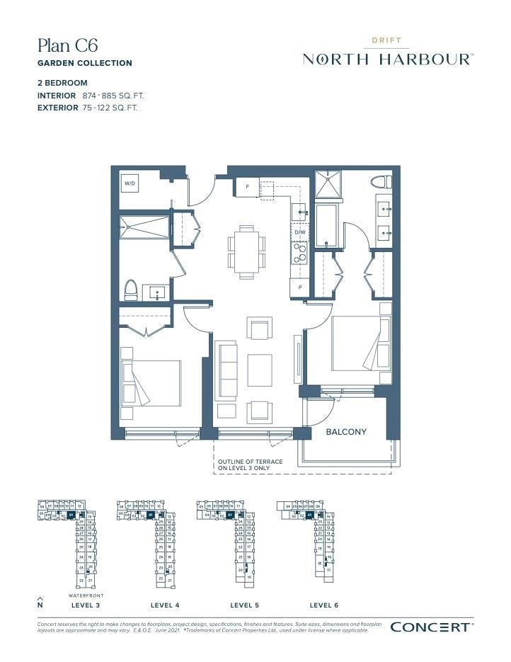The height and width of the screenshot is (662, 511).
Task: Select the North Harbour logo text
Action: pyautogui.click(x=388, y=59)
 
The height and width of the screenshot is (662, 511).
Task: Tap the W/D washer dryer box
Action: pyautogui.click(x=130, y=183)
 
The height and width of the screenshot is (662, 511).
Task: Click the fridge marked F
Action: pyautogui.click(x=247, y=187)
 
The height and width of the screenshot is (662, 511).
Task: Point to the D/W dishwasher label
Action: pyautogui.click(x=299, y=232)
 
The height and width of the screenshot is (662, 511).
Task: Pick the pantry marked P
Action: pyautogui.click(x=299, y=287)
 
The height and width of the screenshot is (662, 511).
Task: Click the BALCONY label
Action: pyautogui.click(x=346, y=431)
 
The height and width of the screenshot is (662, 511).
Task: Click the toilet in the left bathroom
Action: pyautogui.click(x=131, y=290)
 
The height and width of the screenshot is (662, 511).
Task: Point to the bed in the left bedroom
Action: pyautogui.click(x=151, y=382)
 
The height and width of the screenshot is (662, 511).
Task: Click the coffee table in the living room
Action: pyautogui.click(x=259, y=370)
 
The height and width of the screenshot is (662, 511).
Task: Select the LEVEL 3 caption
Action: pyautogui.click(x=86, y=605)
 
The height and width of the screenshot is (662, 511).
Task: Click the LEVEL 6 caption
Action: pyautogui.click(x=324, y=605)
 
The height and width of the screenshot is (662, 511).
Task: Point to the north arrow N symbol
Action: pyautogui.click(x=40, y=603)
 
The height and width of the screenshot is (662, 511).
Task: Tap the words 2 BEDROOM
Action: pyautogui.click(x=62, y=83)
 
